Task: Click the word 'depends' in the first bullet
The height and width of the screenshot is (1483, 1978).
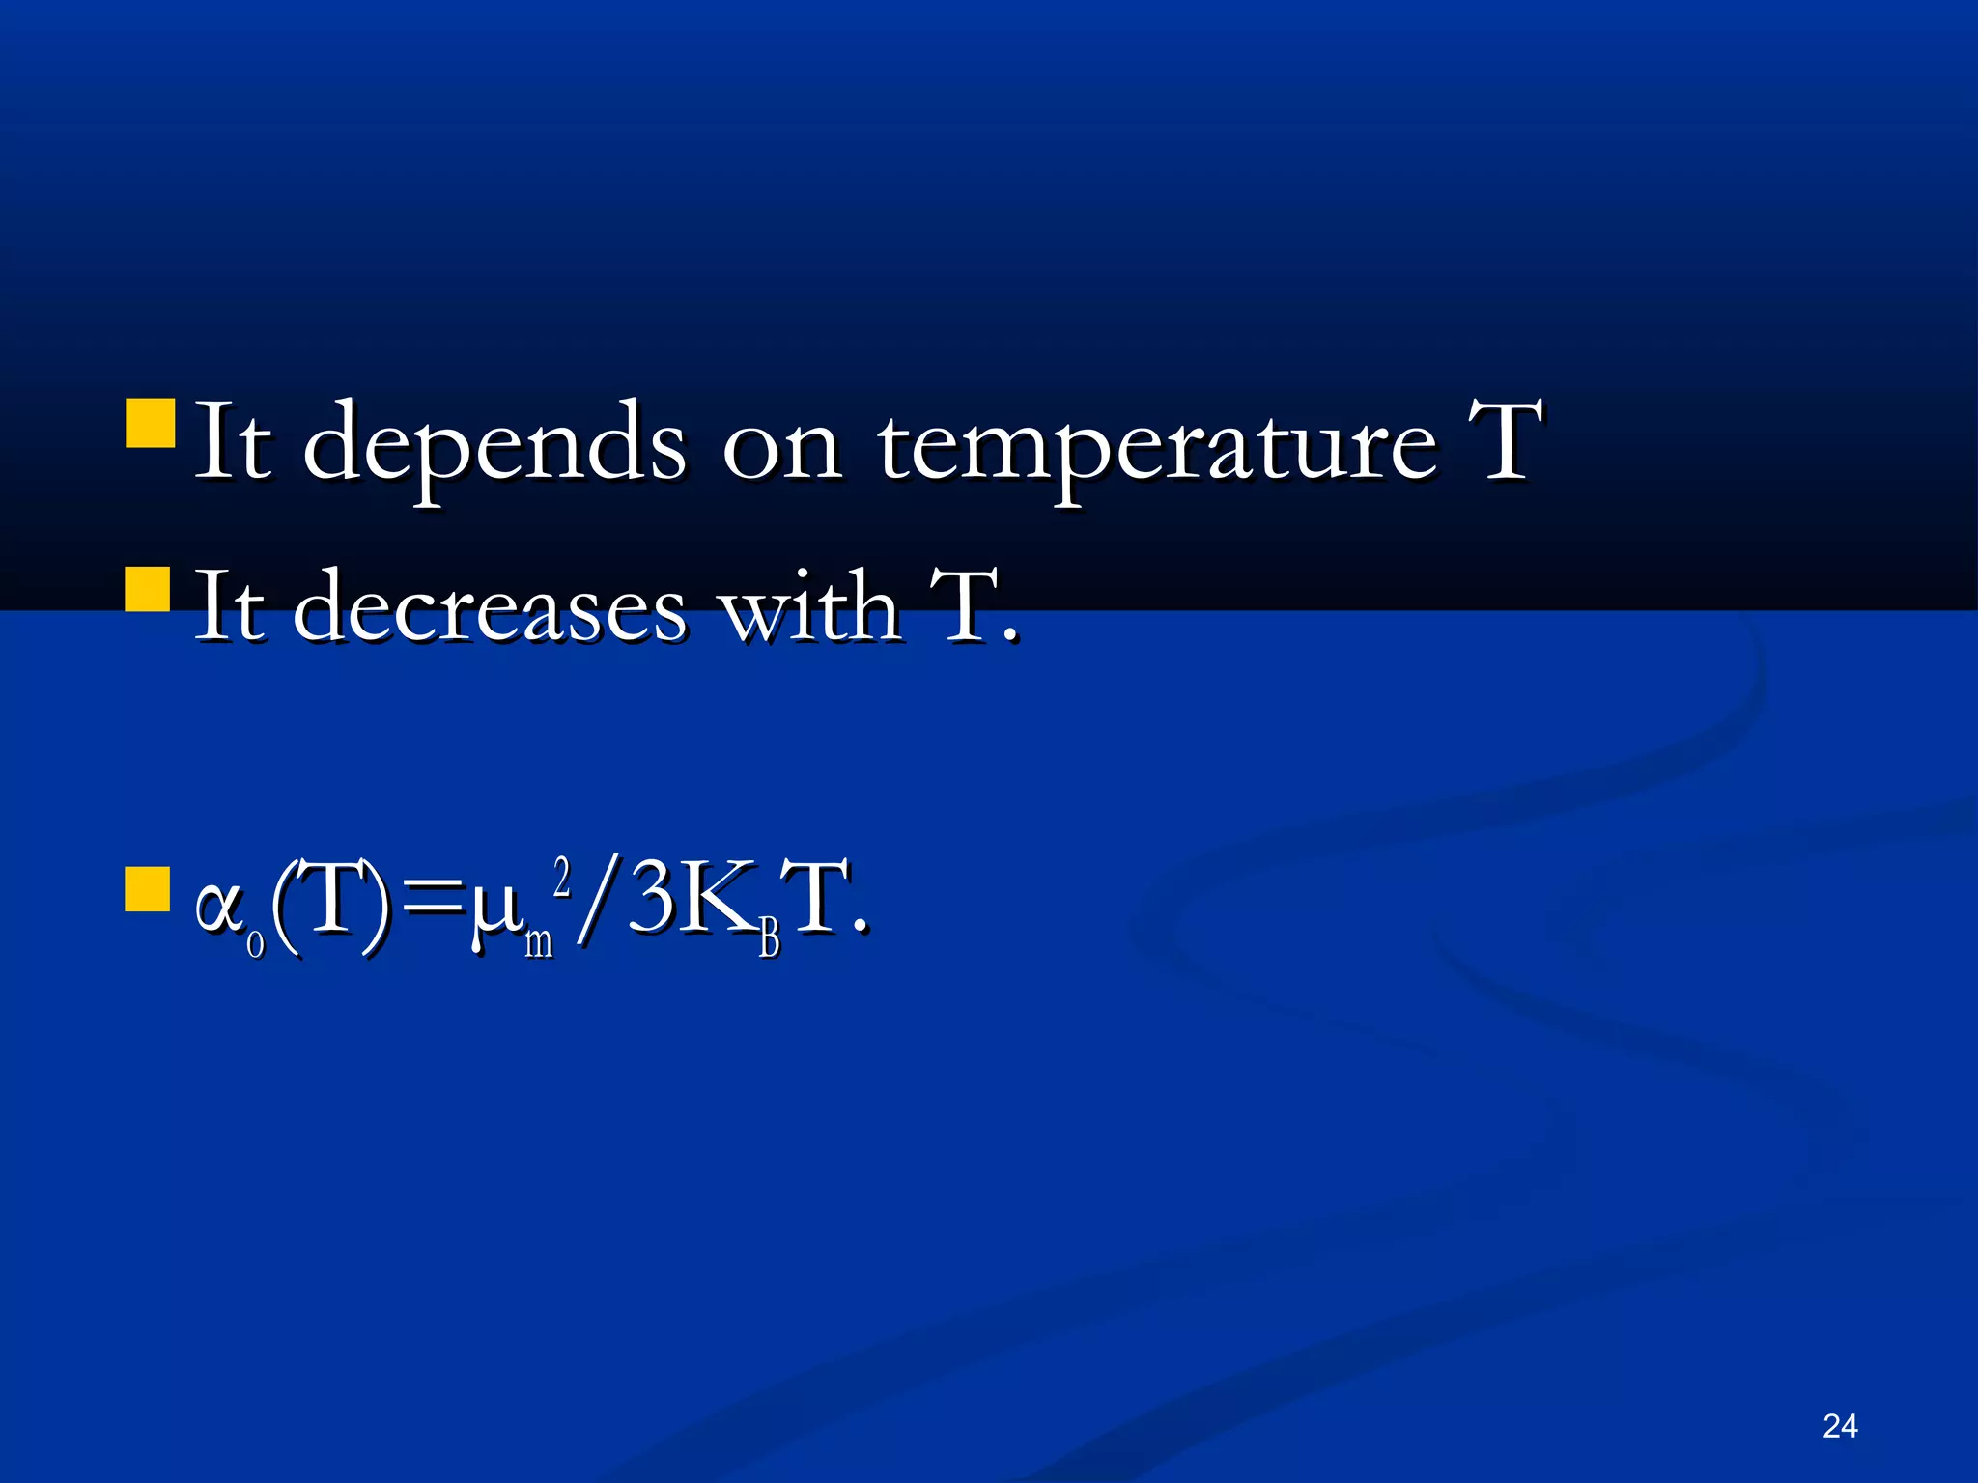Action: [x=494, y=444]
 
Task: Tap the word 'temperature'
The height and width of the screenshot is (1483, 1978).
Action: [x=1156, y=444]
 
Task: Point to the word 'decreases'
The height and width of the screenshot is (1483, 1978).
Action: [x=489, y=608]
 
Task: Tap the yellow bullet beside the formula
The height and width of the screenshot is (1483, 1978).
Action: [x=148, y=888]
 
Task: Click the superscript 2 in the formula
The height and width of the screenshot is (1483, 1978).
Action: [x=562, y=876]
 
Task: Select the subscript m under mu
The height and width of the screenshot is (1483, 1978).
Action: [x=539, y=940]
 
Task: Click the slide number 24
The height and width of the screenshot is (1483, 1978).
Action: [x=1839, y=1426]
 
